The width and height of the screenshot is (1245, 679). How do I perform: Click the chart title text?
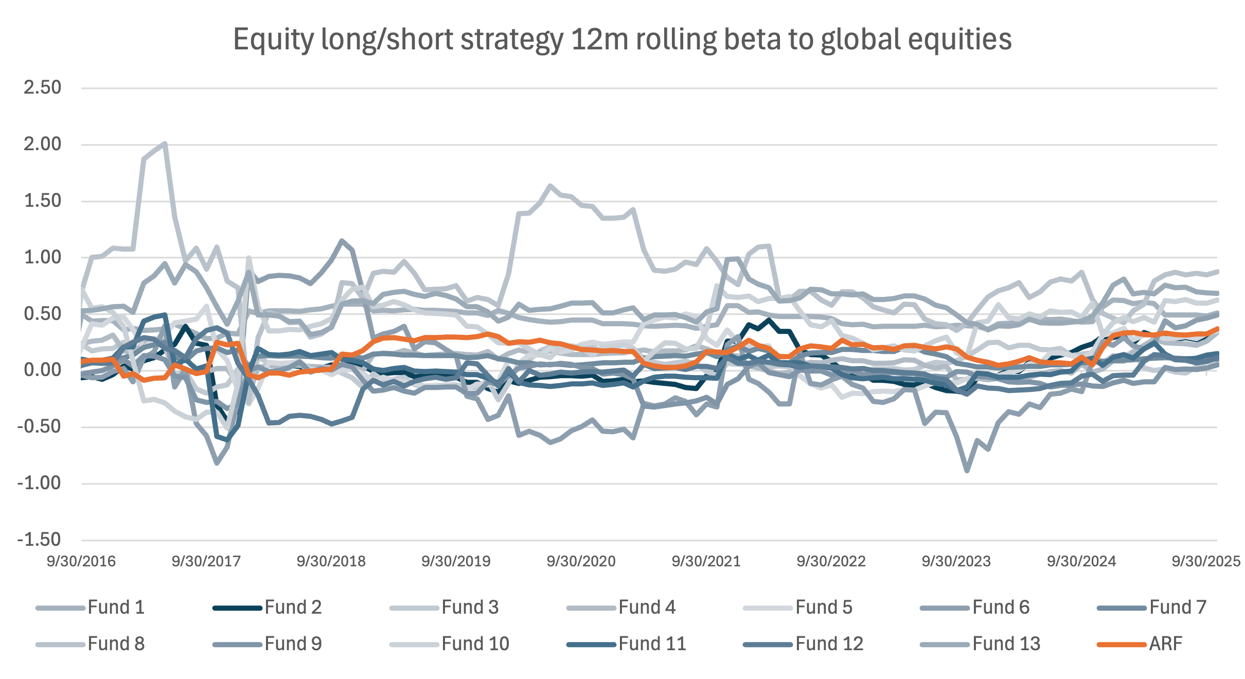pos(622,40)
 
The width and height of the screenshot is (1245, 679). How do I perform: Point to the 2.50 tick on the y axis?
pos(42,87)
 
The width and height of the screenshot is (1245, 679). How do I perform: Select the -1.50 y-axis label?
pos(39,540)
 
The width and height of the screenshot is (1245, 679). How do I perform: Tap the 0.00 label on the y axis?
pos(42,370)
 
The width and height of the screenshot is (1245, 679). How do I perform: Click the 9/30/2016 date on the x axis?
pos(81,561)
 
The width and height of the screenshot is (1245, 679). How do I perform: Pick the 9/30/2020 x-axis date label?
pos(581,561)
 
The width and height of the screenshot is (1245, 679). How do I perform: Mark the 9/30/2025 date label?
pos(1206,561)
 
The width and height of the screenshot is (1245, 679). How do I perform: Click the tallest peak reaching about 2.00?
pos(164,143)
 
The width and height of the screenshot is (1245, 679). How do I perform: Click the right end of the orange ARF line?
pos(1216,328)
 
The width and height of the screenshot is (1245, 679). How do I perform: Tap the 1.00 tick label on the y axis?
pos(42,257)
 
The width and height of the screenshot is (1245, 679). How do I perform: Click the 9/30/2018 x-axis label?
pos(331,561)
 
